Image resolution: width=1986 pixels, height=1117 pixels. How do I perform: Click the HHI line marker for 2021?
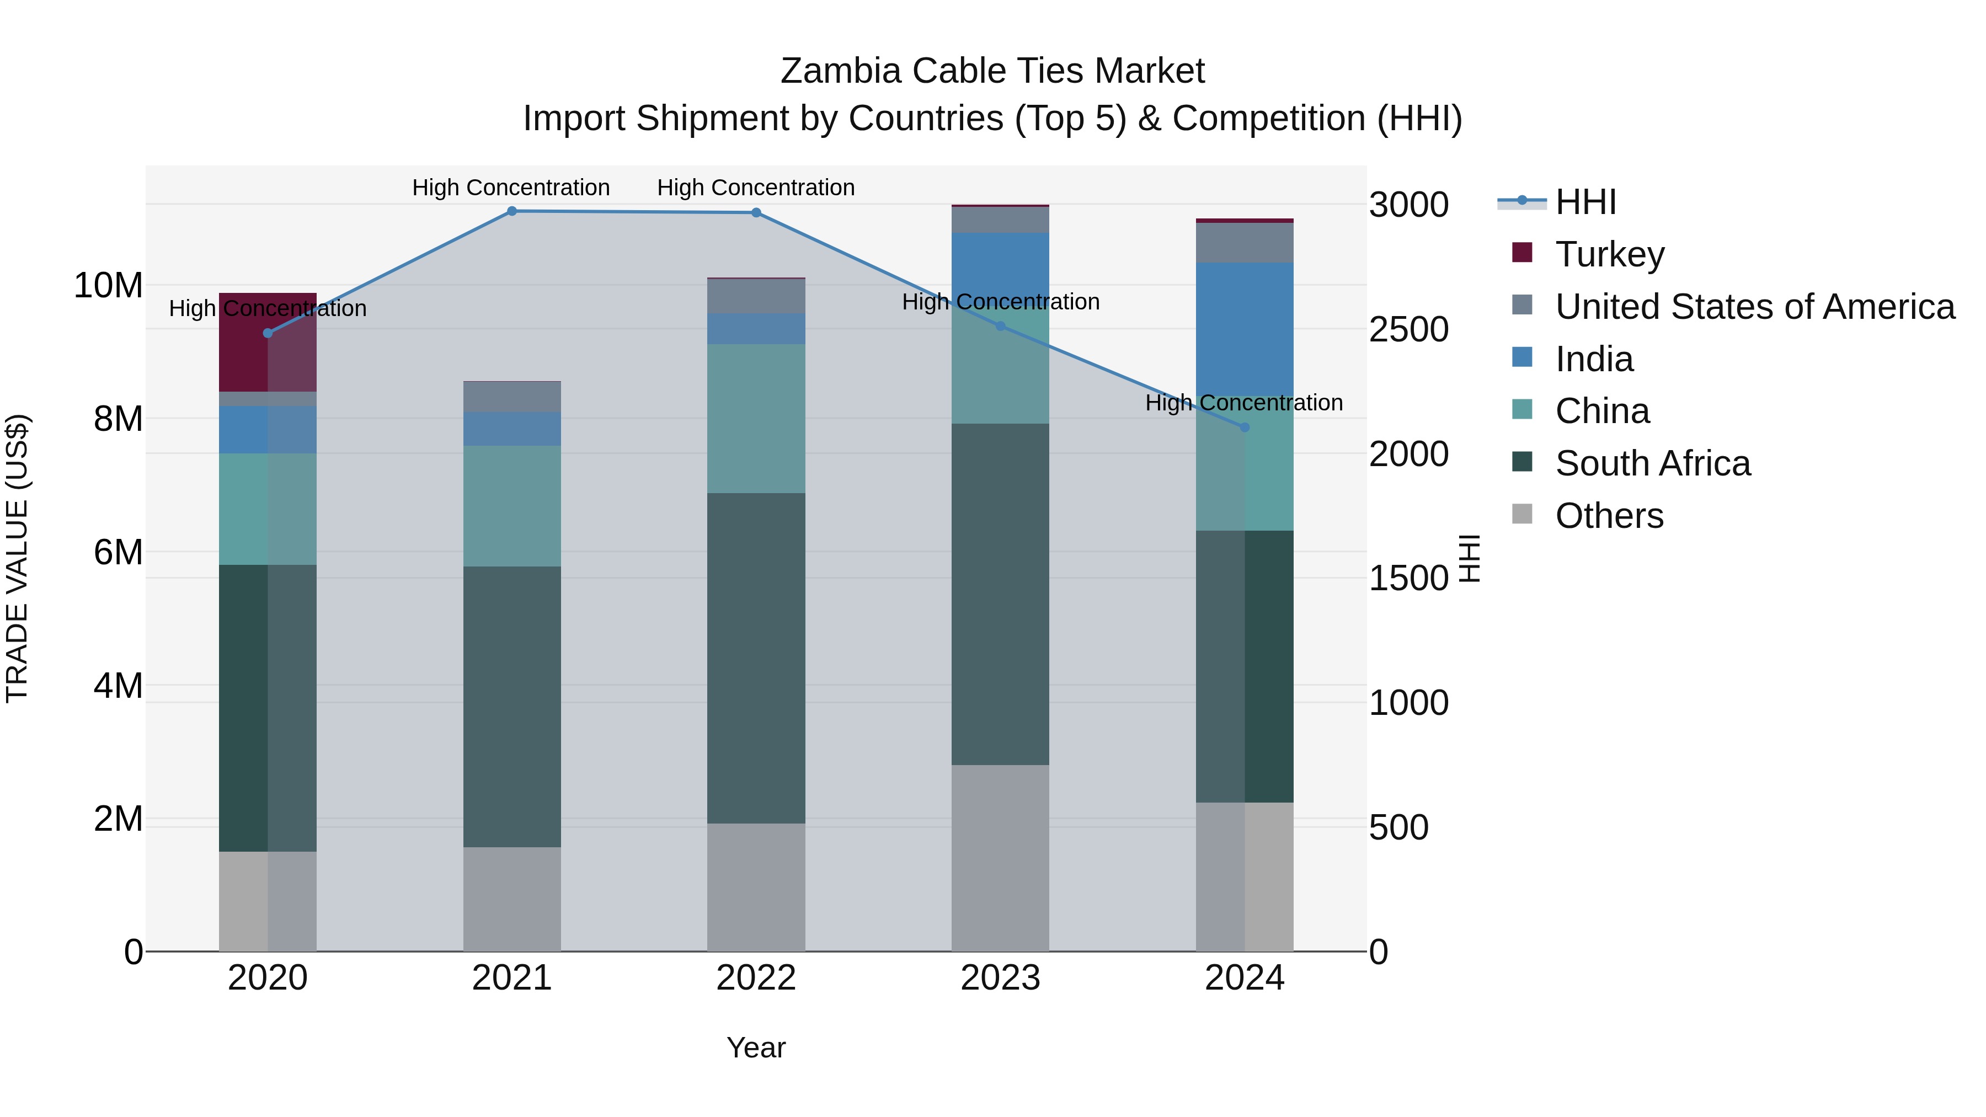coord(512,211)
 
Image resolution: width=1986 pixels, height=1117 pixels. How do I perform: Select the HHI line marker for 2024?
coord(1245,427)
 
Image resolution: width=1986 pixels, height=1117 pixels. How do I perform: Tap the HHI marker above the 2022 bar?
coord(756,213)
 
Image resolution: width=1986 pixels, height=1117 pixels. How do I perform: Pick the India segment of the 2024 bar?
coord(1245,330)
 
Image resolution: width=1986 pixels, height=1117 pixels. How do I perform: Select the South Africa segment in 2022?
coord(756,658)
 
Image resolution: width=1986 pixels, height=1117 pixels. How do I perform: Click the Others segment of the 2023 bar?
coord(1000,857)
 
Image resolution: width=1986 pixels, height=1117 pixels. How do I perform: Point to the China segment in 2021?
coord(512,506)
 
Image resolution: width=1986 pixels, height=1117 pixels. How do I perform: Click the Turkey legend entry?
coord(1610,254)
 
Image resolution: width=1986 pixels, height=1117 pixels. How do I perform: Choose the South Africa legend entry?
coord(1652,464)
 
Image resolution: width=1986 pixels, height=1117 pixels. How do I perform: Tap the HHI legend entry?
coord(1585,202)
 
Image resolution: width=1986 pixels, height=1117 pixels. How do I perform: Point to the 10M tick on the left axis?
coord(108,286)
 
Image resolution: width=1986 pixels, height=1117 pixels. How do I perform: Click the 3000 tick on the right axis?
coord(1408,205)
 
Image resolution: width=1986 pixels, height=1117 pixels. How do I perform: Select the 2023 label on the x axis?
coord(1000,978)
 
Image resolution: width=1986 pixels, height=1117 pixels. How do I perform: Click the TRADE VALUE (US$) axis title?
coord(17,558)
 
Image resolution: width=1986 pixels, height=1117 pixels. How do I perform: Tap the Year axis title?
coord(756,1047)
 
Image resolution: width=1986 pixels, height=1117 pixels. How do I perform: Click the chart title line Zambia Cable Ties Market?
coord(992,71)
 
